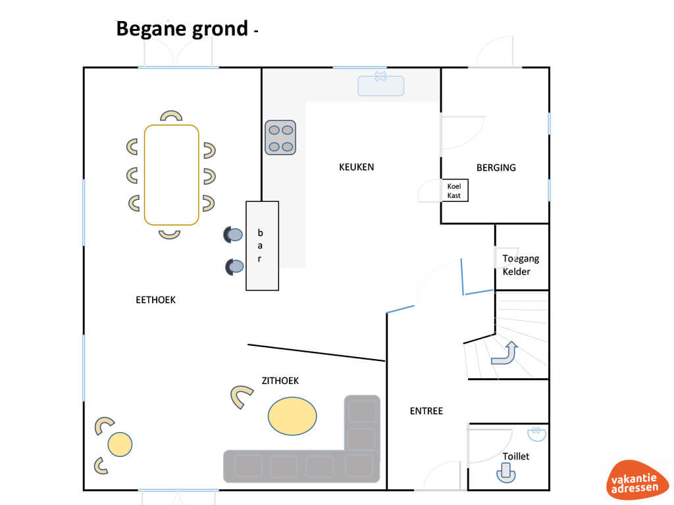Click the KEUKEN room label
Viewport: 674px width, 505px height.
click(356, 167)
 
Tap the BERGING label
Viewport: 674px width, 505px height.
click(496, 168)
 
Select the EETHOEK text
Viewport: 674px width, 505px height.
click(155, 300)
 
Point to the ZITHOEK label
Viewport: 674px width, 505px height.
click(280, 381)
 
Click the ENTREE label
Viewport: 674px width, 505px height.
click(426, 411)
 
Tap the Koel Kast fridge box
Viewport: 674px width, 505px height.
click(455, 190)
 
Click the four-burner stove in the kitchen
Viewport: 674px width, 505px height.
click(280, 137)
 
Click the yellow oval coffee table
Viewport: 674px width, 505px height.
click(292, 416)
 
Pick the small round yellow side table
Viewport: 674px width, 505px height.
click(120, 445)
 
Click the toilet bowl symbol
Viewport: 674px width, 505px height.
click(506, 473)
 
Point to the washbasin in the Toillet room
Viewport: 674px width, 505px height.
click(536, 434)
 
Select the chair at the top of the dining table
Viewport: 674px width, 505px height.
click(171, 116)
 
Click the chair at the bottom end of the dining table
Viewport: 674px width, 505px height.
click(169, 235)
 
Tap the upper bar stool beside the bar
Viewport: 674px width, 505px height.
click(233, 235)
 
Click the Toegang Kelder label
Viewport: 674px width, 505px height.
click(521, 265)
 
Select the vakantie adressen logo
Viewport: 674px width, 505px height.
click(636, 479)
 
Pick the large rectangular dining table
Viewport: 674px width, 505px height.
click(172, 175)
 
